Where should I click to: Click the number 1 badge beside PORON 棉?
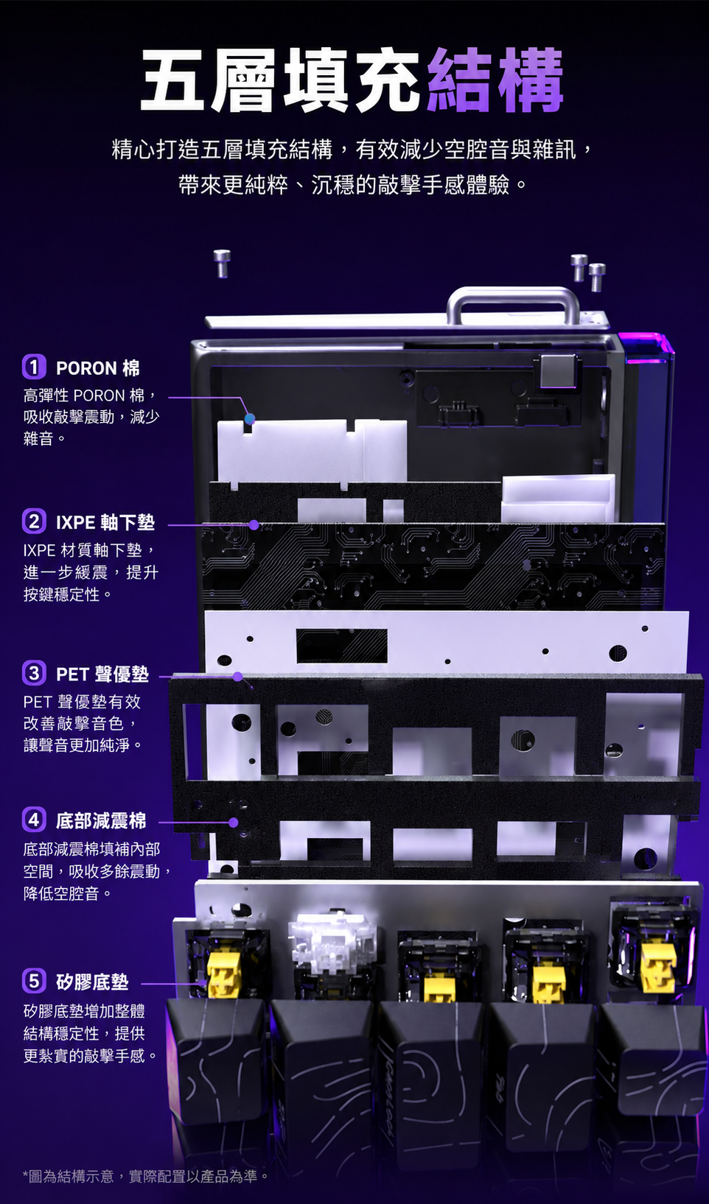[34, 367]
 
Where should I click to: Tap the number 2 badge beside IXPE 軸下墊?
[34, 521]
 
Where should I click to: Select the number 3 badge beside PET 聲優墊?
[34, 673]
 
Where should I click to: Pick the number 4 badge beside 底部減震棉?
[34, 820]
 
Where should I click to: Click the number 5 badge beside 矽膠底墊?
[34, 981]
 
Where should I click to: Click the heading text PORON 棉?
[98, 368]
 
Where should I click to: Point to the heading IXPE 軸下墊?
[105, 522]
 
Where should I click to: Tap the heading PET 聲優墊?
[102, 674]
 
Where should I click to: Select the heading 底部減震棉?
[101, 821]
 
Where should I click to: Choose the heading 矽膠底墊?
[92, 982]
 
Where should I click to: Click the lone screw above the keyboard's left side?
[222, 264]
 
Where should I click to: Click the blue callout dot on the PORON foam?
[250, 419]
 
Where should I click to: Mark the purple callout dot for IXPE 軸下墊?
[254, 525]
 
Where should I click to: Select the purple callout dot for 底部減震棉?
[234, 823]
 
